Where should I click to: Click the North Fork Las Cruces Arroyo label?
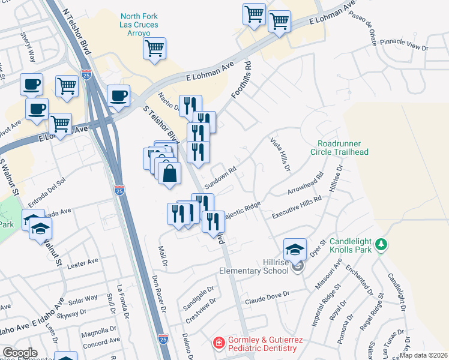coord(139,25)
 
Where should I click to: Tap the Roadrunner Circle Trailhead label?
coord(344,148)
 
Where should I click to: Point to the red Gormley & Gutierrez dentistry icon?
coord(219,343)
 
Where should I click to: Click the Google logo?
coord(20,353)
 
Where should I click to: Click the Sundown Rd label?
coord(220,173)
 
